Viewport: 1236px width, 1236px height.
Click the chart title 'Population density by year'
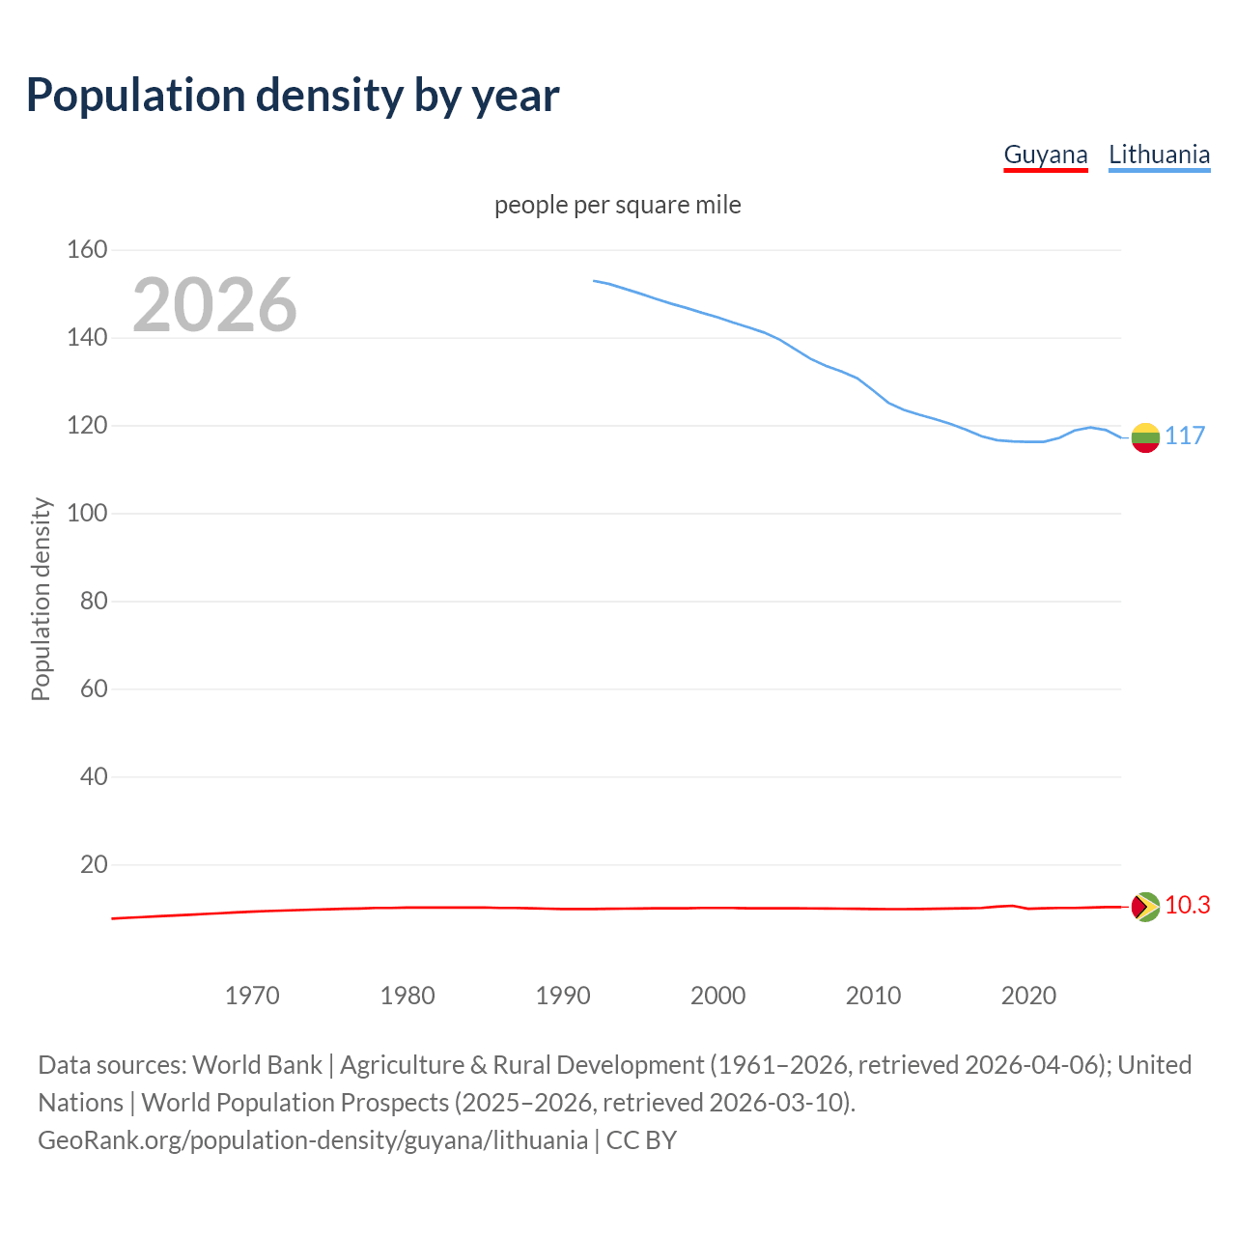[x=293, y=95]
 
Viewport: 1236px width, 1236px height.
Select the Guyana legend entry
[x=1046, y=154]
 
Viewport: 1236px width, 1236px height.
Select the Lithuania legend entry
[x=1159, y=154]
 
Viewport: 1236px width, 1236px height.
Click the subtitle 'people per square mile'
[x=618, y=205]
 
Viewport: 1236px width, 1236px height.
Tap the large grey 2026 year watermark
[x=214, y=305]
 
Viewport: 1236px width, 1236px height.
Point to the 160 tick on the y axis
[x=87, y=250]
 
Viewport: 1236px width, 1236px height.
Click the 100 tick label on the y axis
[x=87, y=514]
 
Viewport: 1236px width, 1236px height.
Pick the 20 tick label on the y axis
[x=94, y=864]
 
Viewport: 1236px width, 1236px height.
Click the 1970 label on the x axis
[x=252, y=996]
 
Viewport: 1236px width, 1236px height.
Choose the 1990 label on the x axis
[x=563, y=996]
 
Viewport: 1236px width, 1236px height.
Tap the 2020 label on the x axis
[x=1028, y=996]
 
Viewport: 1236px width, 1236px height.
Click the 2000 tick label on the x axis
[x=718, y=996]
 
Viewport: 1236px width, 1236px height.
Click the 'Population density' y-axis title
[x=41, y=599]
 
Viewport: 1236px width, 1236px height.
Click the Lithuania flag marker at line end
[x=1145, y=437]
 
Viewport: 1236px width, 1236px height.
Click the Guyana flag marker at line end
[x=1145, y=907]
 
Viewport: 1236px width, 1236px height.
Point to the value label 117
[x=1185, y=436]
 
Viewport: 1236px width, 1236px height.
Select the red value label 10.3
[x=1188, y=906]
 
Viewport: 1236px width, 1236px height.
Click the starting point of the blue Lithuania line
[x=594, y=281]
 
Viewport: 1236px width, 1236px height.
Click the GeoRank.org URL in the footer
[x=313, y=1140]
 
